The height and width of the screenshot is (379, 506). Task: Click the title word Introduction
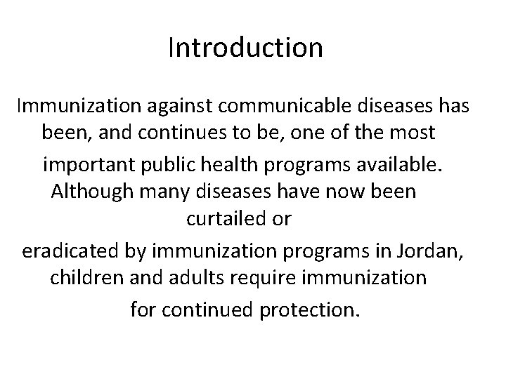click(x=245, y=48)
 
